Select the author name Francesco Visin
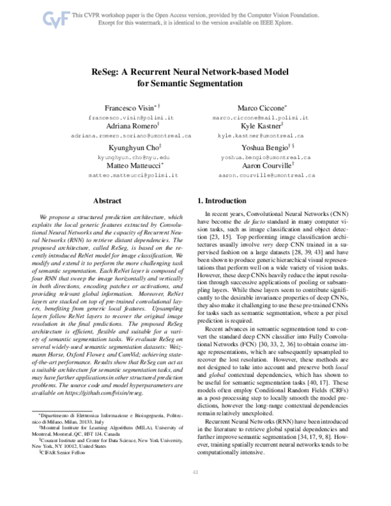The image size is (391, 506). (128, 106)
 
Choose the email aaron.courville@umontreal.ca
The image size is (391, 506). (267, 176)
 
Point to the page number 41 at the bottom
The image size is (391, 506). (195, 490)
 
